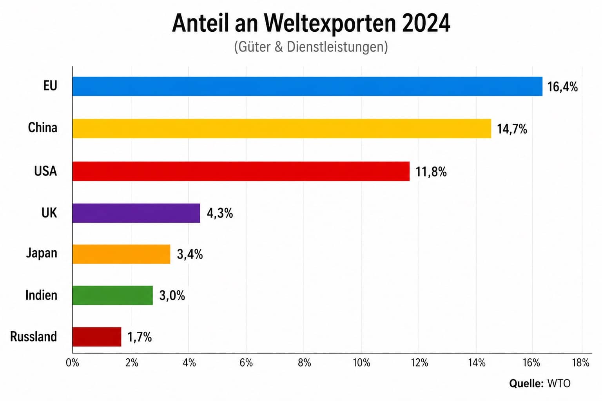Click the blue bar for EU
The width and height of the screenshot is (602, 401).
click(x=307, y=87)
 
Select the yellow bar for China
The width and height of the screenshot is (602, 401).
click(x=282, y=128)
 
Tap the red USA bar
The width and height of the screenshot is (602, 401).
click(x=241, y=171)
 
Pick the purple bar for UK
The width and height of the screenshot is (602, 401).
click(x=136, y=213)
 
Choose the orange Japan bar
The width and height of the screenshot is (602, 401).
click(x=121, y=254)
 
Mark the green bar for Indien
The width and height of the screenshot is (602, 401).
click(x=112, y=295)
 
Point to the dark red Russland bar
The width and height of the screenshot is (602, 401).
click(x=97, y=337)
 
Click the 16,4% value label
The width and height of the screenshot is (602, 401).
click(x=562, y=87)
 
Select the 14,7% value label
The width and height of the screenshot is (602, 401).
click(x=512, y=129)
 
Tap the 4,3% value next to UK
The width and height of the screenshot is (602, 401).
click(x=220, y=213)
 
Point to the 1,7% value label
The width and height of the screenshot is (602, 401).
click(x=140, y=337)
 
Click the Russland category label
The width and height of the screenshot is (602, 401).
click(x=33, y=337)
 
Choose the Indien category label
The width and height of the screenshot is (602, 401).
click(x=41, y=295)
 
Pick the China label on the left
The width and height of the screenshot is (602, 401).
click(x=42, y=128)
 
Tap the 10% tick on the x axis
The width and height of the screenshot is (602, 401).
click(x=361, y=363)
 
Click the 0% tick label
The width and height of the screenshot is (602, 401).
click(x=73, y=363)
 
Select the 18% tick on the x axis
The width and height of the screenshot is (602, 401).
click(x=581, y=363)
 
